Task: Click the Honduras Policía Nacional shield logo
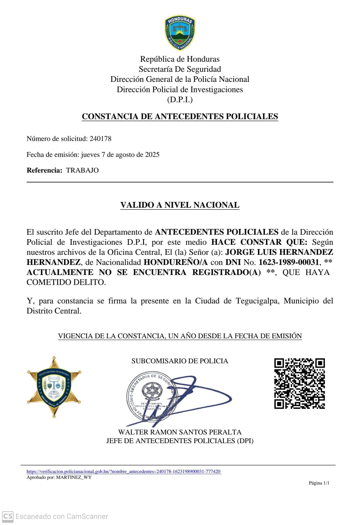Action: (x=180, y=33)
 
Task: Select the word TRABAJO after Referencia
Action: (x=82, y=170)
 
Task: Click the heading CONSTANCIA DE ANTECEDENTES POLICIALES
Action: (x=180, y=117)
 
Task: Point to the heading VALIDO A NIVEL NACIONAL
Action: (x=180, y=205)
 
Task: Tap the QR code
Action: (x=300, y=383)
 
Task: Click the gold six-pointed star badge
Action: (x=54, y=387)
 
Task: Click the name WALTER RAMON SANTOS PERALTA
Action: (x=180, y=432)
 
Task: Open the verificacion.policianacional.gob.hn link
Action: (x=124, y=471)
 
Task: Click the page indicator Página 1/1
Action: (x=319, y=483)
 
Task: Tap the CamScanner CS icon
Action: (x=8, y=516)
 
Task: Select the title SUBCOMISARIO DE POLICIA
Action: (x=180, y=361)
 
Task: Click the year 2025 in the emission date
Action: (x=152, y=154)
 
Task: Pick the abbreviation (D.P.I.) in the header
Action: (x=180, y=100)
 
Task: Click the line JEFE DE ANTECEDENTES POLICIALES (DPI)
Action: (x=180, y=441)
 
